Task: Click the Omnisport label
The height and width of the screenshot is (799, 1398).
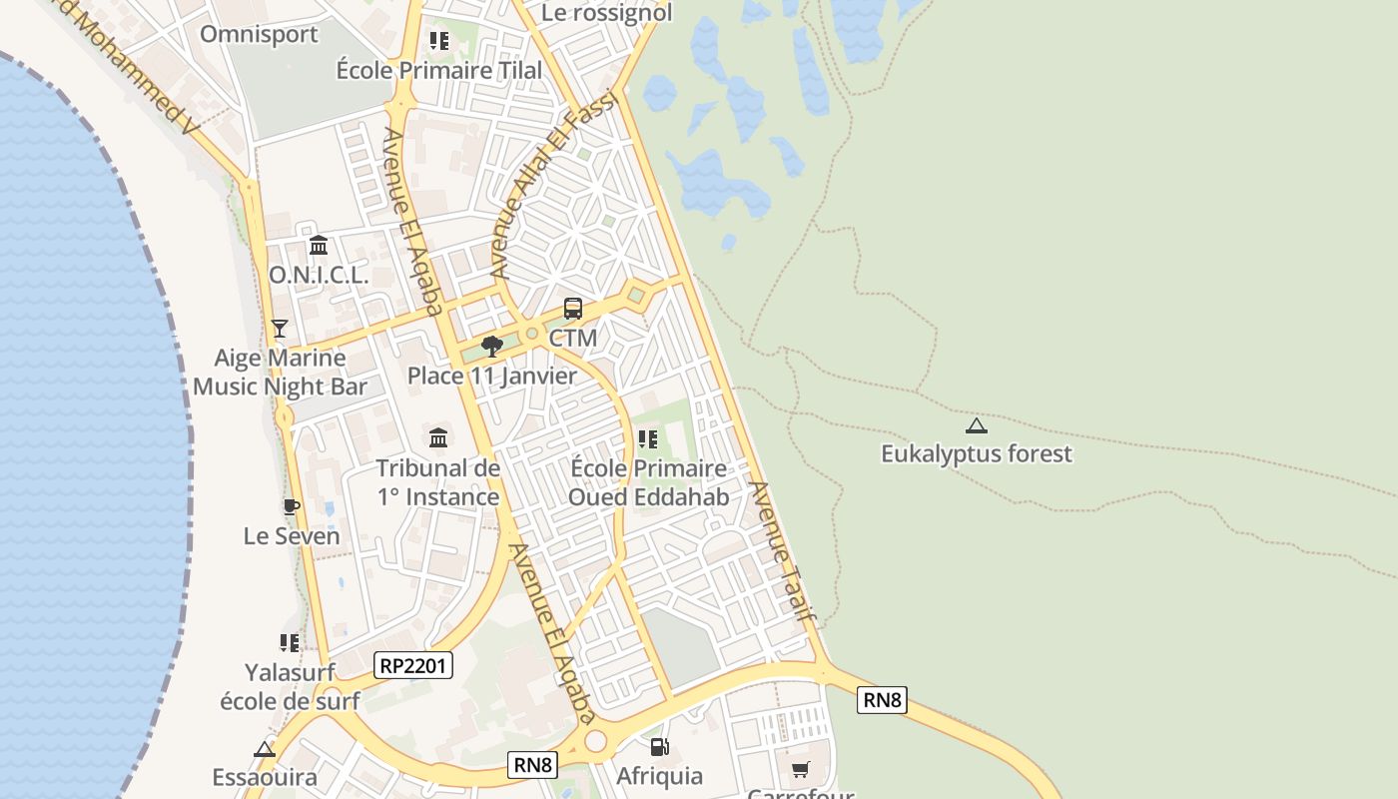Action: click(x=259, y=34)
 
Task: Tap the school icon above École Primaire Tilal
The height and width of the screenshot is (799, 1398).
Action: click(x=438, y=41)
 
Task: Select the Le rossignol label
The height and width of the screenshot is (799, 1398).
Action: click(x=606, y=13)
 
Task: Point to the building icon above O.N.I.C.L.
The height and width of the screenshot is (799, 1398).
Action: click(x=319, y=245)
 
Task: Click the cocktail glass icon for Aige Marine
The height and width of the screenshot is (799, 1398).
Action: click(x=280, y=329)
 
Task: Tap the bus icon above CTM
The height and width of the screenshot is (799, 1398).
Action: click(x=573, y=309)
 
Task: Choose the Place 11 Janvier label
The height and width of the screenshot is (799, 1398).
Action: click(x=491, y=376)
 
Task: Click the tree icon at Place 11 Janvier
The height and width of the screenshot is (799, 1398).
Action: click(x=491, y=347)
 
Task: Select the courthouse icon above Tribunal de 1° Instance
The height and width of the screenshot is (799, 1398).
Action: click(x=438, y=437)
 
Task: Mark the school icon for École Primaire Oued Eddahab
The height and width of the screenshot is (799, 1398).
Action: click(x=648, y=438)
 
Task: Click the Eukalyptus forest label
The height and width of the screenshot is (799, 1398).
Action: click(x=976, y=453)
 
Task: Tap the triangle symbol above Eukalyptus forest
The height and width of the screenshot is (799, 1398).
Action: click(x=977, y=425)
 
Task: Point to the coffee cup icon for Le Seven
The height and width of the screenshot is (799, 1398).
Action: click(x=291, y=506)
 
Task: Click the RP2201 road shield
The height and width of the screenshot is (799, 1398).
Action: click(x=413, y=665)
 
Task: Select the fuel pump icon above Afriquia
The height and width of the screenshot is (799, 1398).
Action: click(x=659, y=746)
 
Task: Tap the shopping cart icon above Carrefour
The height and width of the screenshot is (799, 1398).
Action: click(x=800, y=769)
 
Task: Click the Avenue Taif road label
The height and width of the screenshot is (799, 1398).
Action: click(x=783, y=551)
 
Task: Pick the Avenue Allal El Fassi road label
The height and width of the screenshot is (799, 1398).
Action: click(x=554, y=185)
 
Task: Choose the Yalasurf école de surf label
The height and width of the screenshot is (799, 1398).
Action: click(x=290, y=686)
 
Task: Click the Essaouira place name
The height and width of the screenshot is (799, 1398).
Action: click(x=265, y=777)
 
